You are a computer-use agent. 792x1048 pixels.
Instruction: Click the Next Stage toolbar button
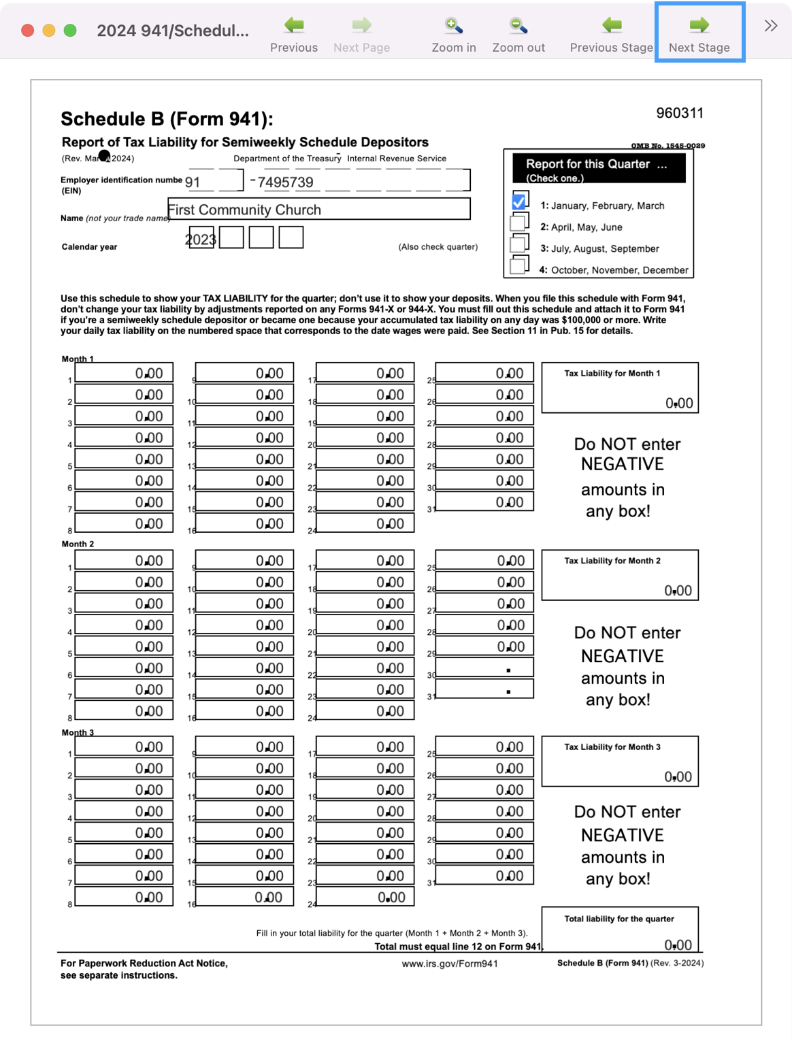699,33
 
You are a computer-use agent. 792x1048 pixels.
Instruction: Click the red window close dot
28,31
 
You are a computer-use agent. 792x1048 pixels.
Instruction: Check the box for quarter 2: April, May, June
519,223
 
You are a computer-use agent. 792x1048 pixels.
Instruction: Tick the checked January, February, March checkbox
519,201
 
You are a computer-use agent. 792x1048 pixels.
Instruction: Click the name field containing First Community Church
318,209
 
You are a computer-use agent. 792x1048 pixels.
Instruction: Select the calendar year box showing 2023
201,238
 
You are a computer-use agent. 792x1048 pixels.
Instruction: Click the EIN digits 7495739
286,182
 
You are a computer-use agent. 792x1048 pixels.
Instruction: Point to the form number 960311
680,113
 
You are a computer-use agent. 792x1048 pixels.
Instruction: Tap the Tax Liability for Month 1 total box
620,388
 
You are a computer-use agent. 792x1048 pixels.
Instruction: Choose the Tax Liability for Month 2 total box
620,576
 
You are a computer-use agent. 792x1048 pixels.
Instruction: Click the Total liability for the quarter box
620,930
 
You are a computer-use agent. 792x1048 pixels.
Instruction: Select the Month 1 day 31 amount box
484,502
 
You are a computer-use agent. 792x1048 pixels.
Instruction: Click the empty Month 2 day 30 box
484,668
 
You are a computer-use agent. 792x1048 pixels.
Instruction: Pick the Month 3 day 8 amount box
124,897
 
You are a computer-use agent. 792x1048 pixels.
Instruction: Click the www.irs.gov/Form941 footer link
450,964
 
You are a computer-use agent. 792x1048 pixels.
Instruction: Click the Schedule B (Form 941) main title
167,119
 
